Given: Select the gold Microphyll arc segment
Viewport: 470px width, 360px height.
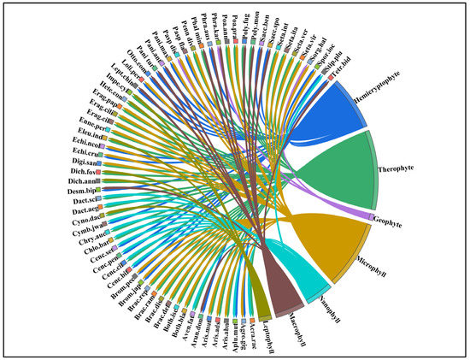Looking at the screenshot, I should [x=351, y=248].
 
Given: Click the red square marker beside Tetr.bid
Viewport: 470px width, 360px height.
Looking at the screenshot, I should [x=331, y=80].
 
